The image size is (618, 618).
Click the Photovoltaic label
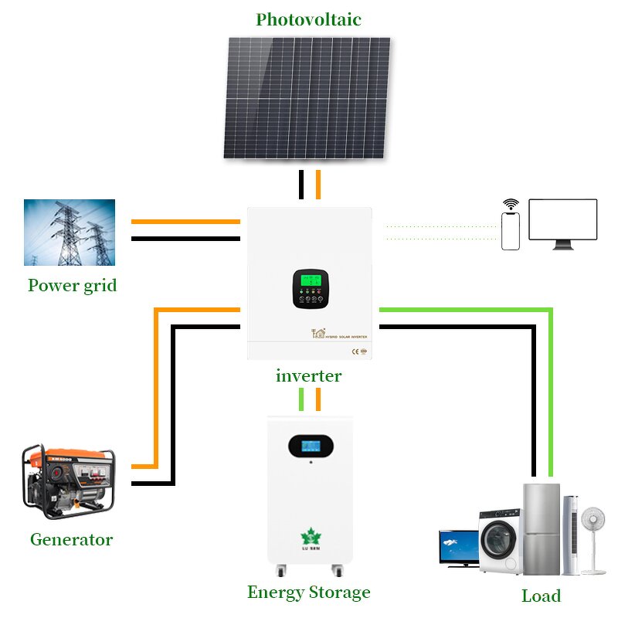[x=308, y=19]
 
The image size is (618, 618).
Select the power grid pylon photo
[x=70, y=233]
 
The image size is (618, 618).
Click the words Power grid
[x=73, y=285]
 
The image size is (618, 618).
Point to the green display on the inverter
[x=308, y=280]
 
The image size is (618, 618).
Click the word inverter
[x=308, y=376]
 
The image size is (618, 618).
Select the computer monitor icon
[x=562, y=222]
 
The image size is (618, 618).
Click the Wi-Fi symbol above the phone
[x=511, y=205]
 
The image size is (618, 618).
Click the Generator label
[x=71, y=539]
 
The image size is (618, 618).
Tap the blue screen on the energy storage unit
[x=308, y=447]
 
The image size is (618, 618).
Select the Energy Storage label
[x=308, y=593]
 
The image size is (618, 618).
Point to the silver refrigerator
[x=541, y=528]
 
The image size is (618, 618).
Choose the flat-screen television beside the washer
[x=458, y=547]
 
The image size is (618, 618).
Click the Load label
[x=541, y=596]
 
